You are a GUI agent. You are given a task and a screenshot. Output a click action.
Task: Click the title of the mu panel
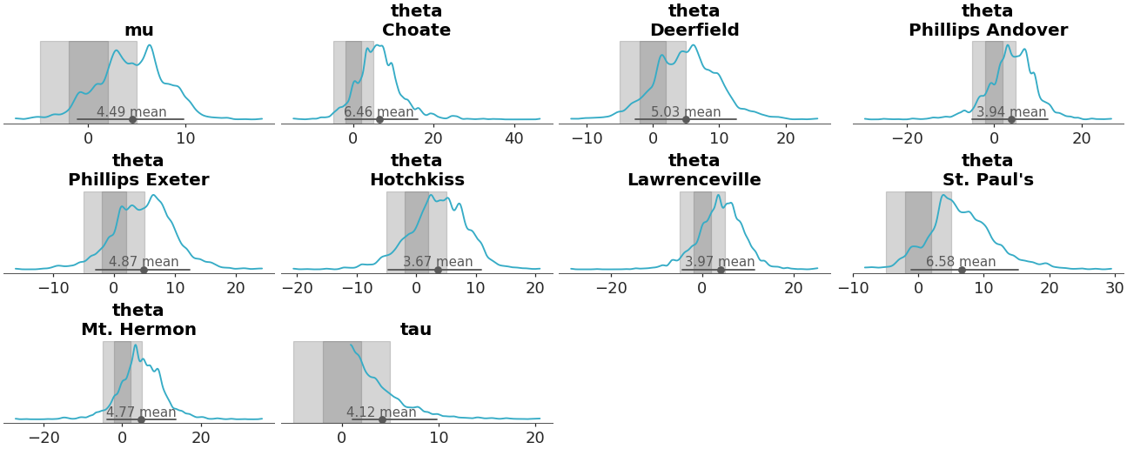pyautogui.click(x=138, y=30)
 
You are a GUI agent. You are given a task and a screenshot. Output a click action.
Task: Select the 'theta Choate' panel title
pyautogui.click(x=416, y=21)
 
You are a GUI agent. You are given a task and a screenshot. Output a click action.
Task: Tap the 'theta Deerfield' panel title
pyautogui.click(x=694, y=21)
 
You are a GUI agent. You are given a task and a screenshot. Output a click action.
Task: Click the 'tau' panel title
pyautogui.click(x=416, y=330)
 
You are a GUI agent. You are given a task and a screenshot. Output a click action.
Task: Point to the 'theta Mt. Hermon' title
pyautogui.click(x=138, y=320)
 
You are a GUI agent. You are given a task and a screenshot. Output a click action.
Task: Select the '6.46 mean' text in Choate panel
pyautogui.click(x=379, y=112)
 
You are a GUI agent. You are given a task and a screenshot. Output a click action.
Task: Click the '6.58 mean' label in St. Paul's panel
pyautogui.click(x=961, y=262)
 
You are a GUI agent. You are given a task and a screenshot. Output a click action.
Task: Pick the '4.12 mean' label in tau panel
pyautogui.click(x=381, y=412)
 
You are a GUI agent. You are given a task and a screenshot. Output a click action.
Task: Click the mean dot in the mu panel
pyautogui.click(x=132, y=119)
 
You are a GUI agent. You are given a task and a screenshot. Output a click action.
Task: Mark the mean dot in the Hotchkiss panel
pyautogui.click(x=438, y=270)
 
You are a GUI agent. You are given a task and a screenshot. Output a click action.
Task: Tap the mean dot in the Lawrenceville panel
pyautogui.click(x=721, y=270)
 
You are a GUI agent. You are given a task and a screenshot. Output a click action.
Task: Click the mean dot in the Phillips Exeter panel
pyautogui.click(x=144, y=270)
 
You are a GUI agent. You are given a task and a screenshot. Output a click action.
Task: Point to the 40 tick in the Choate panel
pyautogui.click(x=514, y=138)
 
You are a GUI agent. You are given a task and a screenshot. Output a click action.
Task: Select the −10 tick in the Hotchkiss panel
pyautogui.click(x=355, y=289)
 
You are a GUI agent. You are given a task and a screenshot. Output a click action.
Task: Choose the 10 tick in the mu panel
pyautogui.click(x=185, y=138)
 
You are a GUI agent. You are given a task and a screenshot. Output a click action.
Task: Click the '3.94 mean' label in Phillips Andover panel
pyautogui.click(x=1011, y=112)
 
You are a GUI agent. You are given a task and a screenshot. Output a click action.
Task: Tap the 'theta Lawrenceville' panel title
pyautogui.click(x=694, y=171)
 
